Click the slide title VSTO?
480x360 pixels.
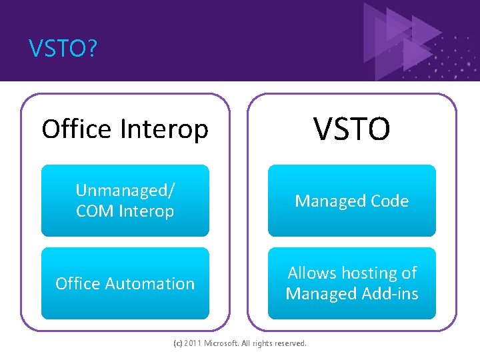62,48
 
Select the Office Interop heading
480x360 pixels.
125,129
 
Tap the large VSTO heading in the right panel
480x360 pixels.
351,128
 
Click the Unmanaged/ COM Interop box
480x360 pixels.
125,201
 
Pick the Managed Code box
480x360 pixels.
351,201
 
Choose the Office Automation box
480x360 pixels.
125,283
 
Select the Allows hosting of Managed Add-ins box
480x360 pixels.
351,283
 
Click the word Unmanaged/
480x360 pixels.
125,190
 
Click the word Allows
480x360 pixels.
311,273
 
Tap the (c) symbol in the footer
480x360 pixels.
177,343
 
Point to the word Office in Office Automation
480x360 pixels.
77,283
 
